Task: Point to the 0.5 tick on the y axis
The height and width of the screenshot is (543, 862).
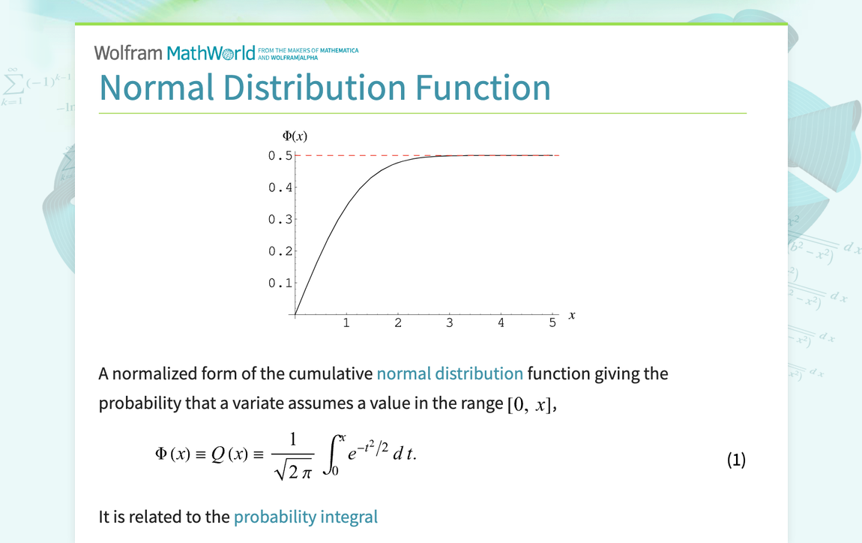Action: (280, 155)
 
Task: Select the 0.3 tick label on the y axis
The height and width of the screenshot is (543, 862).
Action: (280, 220)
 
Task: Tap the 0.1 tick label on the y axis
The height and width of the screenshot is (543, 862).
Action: (280, 283)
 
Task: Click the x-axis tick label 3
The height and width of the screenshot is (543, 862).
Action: (449, 323)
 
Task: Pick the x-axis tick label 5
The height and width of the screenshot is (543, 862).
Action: (552, 323)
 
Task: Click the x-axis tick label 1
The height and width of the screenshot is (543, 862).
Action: (346, 323)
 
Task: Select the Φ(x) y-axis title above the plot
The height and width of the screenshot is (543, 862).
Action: (295, 136)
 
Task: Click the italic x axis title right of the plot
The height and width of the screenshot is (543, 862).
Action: (572, 315)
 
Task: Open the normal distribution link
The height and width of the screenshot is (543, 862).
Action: (450, 373)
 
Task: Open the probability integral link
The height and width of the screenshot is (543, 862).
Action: (306, 517)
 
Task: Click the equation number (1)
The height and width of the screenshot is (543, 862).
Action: (736, 460)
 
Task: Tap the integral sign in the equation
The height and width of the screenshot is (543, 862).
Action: (333, 455)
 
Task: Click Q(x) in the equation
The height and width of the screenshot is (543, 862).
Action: (229, 454)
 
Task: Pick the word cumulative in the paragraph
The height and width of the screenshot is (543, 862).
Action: (330, 373)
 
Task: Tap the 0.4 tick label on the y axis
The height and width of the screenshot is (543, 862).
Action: (280, 187)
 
